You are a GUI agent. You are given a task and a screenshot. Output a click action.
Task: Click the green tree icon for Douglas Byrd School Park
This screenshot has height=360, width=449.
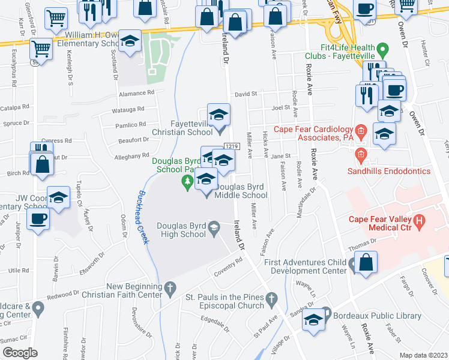pyautogui.click(x=188, y=180)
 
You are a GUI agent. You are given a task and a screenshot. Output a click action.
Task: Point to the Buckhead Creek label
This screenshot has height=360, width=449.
pyautogui.click(x=144, y=217)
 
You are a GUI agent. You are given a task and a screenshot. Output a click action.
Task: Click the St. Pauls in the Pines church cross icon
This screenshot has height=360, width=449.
pyautogui.click(x=272, y=298)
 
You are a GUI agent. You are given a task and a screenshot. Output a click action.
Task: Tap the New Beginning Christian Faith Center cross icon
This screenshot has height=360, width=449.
pyautogui.click(x=170, y=288)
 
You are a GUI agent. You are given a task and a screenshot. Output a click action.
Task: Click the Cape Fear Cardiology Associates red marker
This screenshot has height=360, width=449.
pyautogui.click(x=361, y=130)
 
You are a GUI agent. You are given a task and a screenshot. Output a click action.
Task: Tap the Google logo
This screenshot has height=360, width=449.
pyautogui.click(x=20, y=352)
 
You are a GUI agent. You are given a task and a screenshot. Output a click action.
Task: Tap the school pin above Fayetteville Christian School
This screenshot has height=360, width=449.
pyautogui.click(x=218, y=114)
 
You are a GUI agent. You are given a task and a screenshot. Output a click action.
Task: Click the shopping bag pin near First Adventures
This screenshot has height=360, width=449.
pyautogui.click(x=366, y=262)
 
